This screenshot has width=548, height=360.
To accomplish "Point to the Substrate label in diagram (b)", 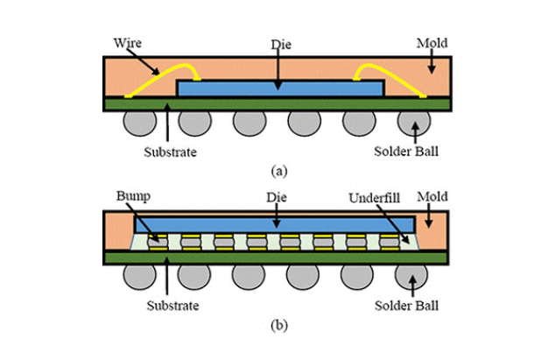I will click(x=169, y=307).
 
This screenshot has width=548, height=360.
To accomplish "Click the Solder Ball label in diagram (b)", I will click(x=410, y=307).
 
